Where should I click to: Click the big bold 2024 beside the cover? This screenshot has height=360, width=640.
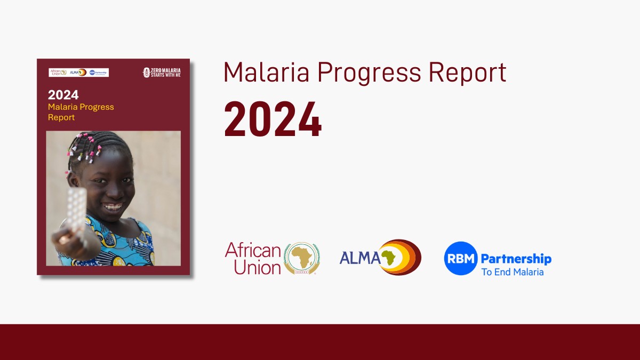coord(273,119)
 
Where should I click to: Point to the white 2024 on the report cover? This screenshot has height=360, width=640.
coord(63,95)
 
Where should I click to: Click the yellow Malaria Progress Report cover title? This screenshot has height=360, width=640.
coord(81,112)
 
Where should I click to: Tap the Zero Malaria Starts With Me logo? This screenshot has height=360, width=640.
coord(162,72)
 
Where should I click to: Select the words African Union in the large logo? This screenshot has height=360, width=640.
coord(253,258)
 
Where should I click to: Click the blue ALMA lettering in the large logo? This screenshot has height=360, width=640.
coord(359,258)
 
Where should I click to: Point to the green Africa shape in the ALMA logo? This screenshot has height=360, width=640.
coord(388,258)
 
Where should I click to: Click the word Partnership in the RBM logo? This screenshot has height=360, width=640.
coord(516,259)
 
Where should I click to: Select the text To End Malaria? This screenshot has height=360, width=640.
coord(512,272)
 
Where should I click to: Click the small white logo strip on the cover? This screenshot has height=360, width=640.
coord(78,72)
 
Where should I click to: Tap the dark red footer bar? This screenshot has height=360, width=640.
coord(320,342)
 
